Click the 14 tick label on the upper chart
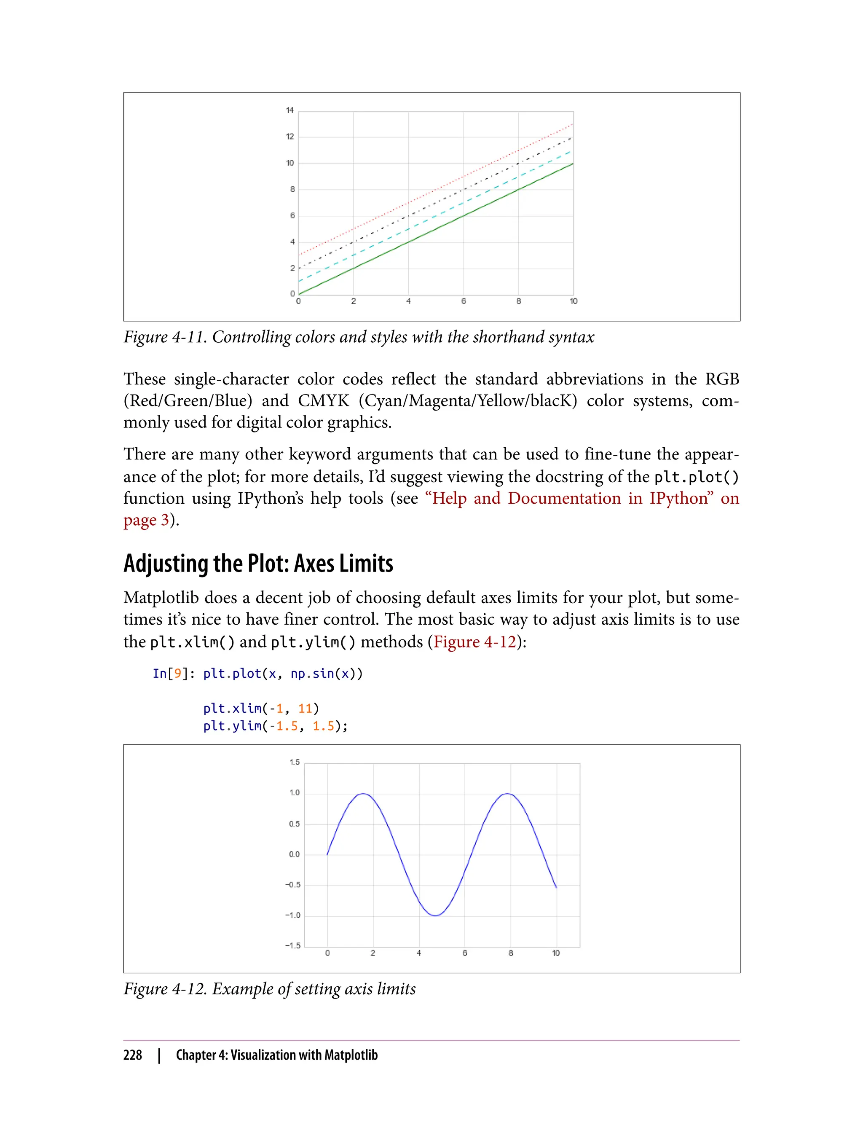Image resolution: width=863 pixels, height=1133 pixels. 290,110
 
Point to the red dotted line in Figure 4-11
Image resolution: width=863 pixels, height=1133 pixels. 436,190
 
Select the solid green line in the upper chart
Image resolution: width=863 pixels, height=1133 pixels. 436,229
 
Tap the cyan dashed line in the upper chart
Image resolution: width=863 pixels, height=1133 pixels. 436,216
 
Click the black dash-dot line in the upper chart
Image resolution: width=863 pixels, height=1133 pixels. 436,203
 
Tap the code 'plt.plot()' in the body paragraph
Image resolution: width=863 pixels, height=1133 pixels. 696,477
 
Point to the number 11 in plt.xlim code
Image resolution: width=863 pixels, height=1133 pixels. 305,709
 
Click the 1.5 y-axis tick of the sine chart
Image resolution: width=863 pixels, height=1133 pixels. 295,762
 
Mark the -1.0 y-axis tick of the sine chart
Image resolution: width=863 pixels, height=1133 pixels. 293,916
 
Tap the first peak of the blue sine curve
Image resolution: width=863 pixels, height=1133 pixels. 363,794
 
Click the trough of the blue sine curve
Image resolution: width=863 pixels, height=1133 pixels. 435,916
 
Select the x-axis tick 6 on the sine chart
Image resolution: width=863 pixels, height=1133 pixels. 465,953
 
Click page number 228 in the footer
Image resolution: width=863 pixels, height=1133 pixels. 133,1055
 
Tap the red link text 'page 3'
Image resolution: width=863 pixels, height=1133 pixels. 146,520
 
